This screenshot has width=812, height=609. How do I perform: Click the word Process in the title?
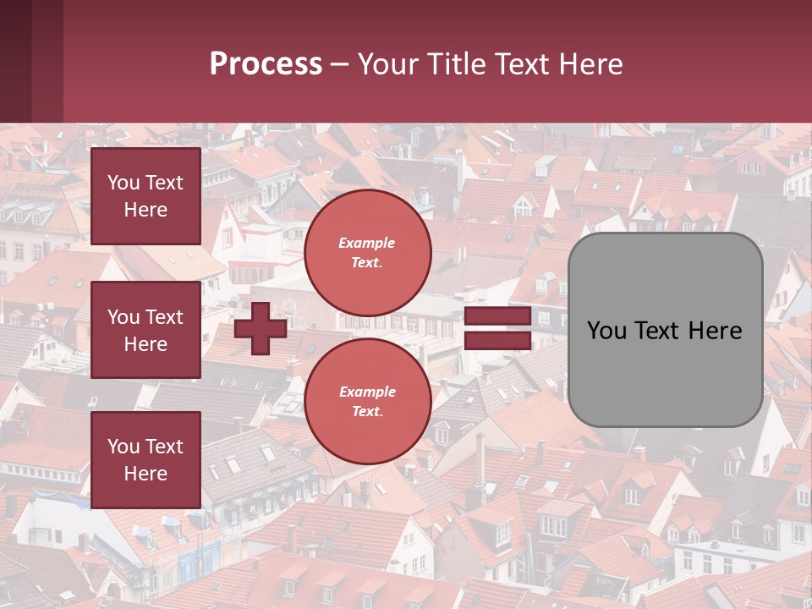point(266,64)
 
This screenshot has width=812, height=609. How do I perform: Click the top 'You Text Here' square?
point(145,196)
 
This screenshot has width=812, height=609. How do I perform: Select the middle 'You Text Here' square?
point(145,330)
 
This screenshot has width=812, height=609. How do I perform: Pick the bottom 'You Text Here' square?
point(145,460)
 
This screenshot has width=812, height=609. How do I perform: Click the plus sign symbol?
point(261,328)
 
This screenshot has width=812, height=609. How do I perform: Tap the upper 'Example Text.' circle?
point(367,253)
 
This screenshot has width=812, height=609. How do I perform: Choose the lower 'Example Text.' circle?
point(367,402)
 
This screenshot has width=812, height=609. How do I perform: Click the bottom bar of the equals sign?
point(497,341)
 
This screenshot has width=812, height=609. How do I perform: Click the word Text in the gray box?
point(664,331)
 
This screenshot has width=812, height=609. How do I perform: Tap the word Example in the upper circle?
point(367,243)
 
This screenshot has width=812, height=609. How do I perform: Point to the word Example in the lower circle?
point(367,392)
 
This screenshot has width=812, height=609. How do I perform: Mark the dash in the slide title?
point(339,64)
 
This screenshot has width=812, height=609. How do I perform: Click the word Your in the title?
point(386,64)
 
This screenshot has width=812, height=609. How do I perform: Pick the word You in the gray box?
point(608,331)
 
